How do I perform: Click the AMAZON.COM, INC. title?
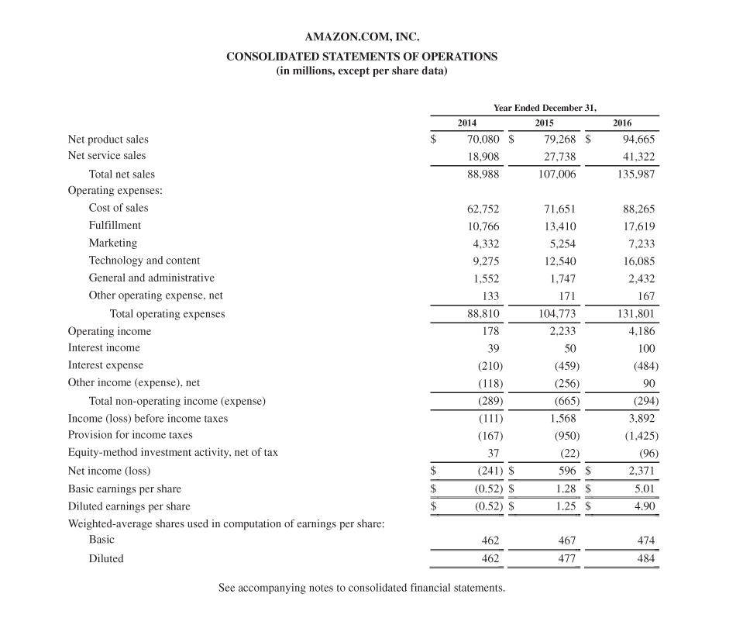click(x=362, y=36)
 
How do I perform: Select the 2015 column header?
click(x=545, y=123)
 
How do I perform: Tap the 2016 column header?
click(x=621, y=123)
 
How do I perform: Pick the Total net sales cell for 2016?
click(x=633, y=174)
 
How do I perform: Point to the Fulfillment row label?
click(x=115, y=225)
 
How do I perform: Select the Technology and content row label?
click(x=144, y=261)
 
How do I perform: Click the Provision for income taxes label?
click(x=130, y=435)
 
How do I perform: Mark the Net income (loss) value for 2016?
click(x=638, y=471)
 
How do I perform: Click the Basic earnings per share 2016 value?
click(x=643, y=489)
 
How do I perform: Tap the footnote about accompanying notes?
click(x=362, y=588)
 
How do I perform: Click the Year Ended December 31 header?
click(x=545, y=108)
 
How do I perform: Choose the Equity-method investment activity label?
click(x=173, y=452)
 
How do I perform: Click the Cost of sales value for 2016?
click(x=638, y=208)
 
